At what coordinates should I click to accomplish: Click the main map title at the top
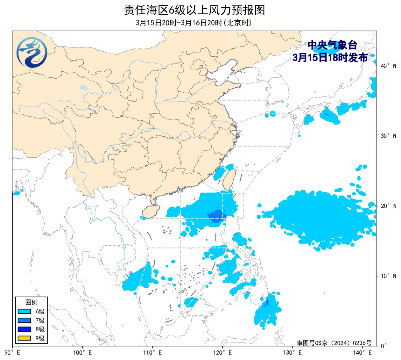pyautogui.click(x=194, y=10)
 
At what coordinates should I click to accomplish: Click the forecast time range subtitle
pyautogui.click(x=193, y=23)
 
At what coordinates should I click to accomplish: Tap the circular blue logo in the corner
pyautogui.click(x=32, y=52)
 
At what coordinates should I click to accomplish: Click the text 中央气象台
pyautogui.click(x=332, y=45)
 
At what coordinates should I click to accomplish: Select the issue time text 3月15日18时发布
pyautogui.click(x=330, y=58)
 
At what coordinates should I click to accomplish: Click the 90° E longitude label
pyautogui.click(x=13, y=353)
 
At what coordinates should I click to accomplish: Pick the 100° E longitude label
pyautogui.click(x=82, y=353)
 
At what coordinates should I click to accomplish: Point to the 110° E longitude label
pyautogui.click(x=152, y=353)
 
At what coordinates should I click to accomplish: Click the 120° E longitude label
pyautogui.click(x=222, y=353)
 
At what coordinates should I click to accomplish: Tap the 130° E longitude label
pyautogui.click(x=292, y=353)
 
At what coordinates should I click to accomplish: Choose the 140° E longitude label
pyautogui.click(x=362, y=353)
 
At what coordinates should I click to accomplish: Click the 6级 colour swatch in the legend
pyautogui.click(x=24, y=311)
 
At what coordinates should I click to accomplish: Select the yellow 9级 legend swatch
pyautogui.click(x=24, y=338)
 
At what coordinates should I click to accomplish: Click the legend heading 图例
pyautogui.click(x=31, y=302)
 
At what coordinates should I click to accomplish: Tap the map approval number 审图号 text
pyautogui.click(x=334, y=343)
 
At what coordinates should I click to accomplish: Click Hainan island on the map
pyautogui.click(x=150, y=211)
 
